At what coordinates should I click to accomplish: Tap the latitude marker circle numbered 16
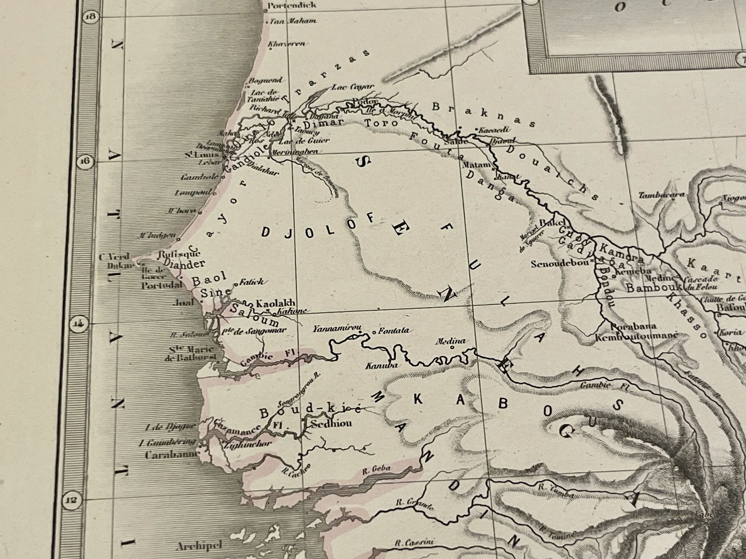click(85, 161)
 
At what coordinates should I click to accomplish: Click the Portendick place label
click(292, 5)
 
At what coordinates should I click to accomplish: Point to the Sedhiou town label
click(331, 424)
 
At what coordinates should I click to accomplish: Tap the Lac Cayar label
click(352, 87)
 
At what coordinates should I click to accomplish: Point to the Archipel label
click(200, 545)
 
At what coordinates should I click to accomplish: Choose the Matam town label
click(477, 165)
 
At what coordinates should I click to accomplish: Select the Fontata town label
click(393, 330)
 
